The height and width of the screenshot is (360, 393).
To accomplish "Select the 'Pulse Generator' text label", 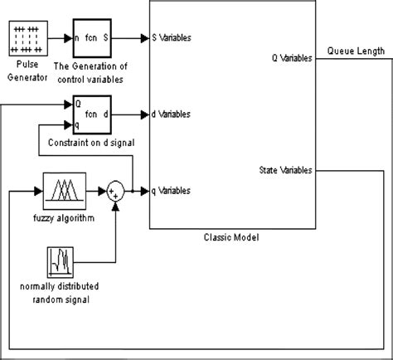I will click(29, 71).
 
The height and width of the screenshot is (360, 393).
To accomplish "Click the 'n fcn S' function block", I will click(95, 38).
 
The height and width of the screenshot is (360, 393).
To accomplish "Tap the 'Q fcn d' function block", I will click(95, 114).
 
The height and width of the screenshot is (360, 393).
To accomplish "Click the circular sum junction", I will click(116, 191).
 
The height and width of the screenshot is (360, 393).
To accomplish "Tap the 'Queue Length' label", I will click(356, 51).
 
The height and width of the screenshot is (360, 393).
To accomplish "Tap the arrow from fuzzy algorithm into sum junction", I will click(93, 191).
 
